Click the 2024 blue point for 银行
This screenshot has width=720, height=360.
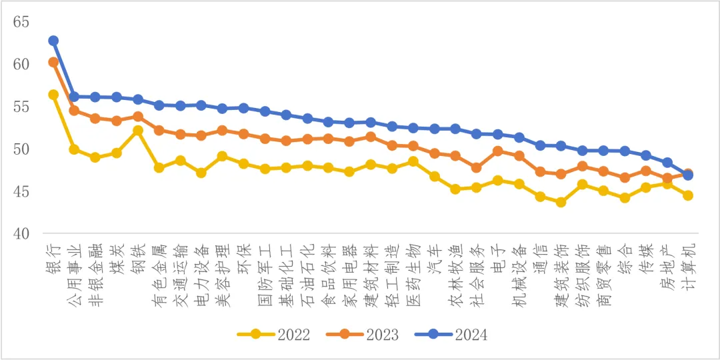(53, 41)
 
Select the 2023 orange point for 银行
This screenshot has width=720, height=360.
(53, 62)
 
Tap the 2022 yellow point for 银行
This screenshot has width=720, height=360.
(53, 95)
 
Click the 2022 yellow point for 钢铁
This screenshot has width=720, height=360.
(138, 131)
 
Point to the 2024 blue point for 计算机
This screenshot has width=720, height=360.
(688, 175)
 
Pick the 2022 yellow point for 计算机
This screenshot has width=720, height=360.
(688, 195)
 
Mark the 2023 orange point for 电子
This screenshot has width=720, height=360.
(497, 151)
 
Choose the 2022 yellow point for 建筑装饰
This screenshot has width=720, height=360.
(561, 202)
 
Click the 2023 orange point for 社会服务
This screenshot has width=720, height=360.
(476, 167)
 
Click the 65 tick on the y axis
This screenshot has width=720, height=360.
(21, 22)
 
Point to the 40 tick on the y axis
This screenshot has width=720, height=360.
(21, 234)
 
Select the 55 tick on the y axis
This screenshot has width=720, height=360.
(21, 107)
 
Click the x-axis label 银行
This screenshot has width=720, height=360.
(53, 260)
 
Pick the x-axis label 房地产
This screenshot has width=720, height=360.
(667, 267)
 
